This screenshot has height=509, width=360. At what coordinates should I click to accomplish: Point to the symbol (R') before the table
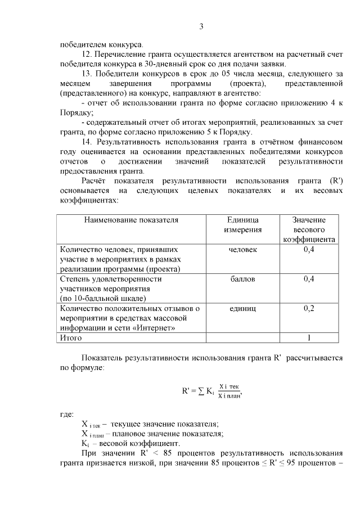coord(334,181)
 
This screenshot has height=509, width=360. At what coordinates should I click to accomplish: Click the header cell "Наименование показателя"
coord(131,220)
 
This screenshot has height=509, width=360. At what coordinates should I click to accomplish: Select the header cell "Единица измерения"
coord(242,224)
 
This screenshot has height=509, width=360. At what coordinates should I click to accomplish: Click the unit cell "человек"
coord(242,249)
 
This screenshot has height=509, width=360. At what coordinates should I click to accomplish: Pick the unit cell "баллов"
coord(242,278)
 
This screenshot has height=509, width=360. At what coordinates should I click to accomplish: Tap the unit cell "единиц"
coord(242,308)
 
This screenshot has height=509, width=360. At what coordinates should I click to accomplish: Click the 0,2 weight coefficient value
coord(309,308)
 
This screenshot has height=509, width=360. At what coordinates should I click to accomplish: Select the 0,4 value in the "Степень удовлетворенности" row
coord(309,278)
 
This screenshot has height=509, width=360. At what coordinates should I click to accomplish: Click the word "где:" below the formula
coord(67,414)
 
